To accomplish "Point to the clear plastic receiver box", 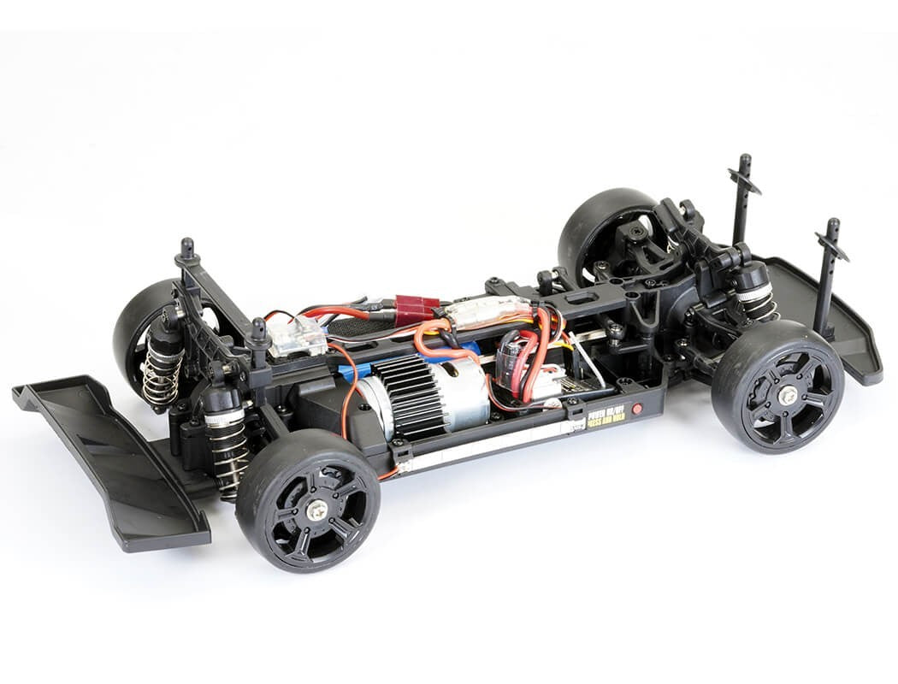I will [297, 339].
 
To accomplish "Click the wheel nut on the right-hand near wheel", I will [786, 395].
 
